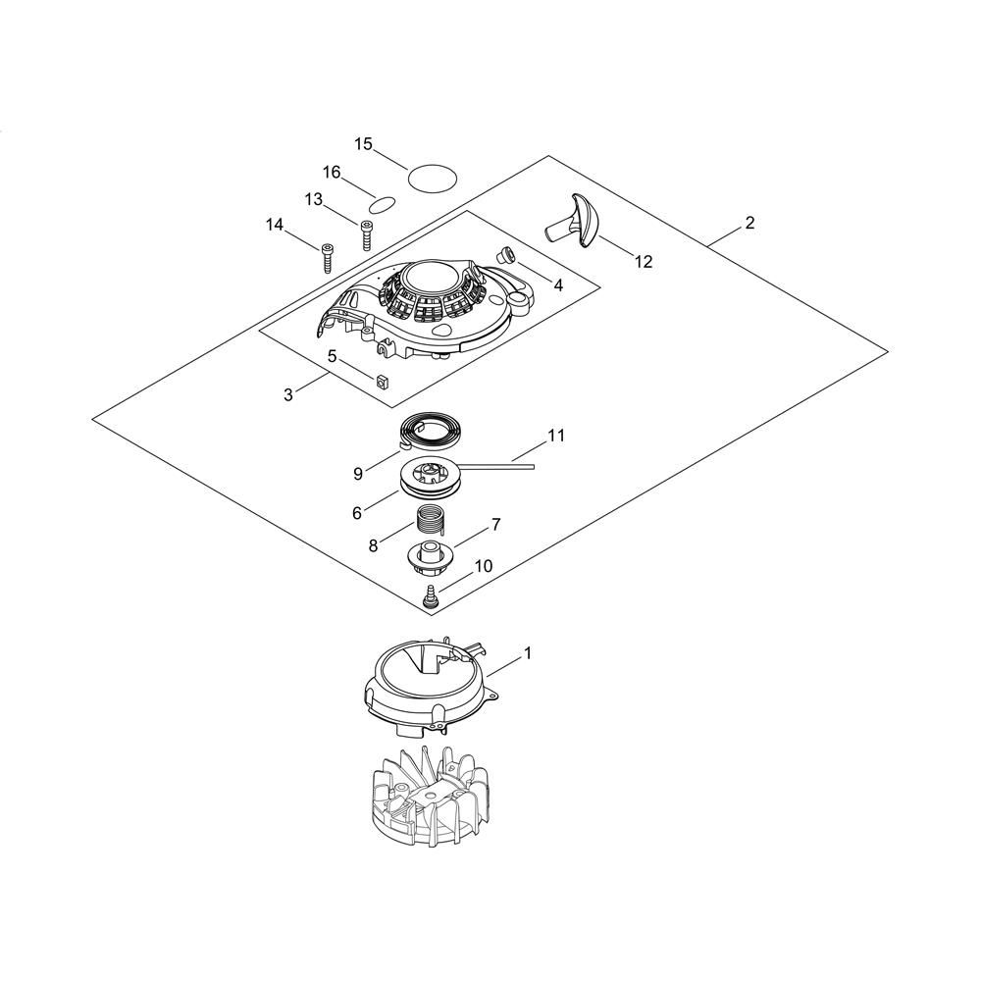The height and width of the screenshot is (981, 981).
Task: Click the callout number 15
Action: coord(363,144)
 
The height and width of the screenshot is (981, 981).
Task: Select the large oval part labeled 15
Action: coord(434,179)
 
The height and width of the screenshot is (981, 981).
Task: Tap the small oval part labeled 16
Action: coord(381,204)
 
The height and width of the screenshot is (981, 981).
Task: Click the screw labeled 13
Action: coord(367,236)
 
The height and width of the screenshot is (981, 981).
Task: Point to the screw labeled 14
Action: coord(327,257)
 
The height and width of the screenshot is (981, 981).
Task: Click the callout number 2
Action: coord(749,223)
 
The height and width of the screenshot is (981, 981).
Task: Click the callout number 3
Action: coord(287,394)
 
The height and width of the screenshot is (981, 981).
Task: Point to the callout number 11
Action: coord(556,435)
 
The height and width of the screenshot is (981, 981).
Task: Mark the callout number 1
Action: coord(528,651)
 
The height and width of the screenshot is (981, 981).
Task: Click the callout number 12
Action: coord(643,262)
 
